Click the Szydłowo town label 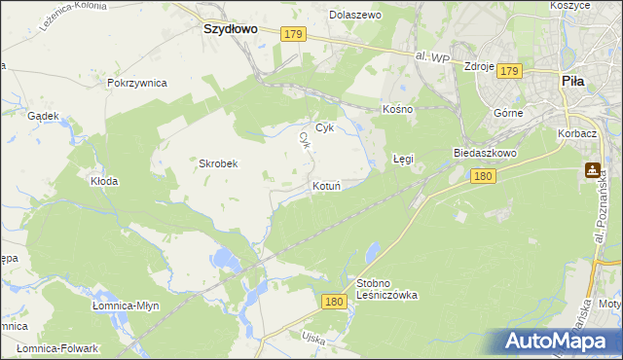(x=230, y=29)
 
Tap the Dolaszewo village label (x=355, y=16)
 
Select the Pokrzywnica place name (x=137, y=84)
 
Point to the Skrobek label (x=219, y=163)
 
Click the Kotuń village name (x=325, y=185)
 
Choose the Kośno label (x=398, y=109)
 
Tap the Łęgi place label (x=403, y=158)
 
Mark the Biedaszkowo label (x=484, y=154)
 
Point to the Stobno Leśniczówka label (x=386, y=289)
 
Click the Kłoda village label (x=104, y=181)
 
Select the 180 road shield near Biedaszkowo (x=484, y=176)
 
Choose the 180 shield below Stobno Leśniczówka (x=334, y=303)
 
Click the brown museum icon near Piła (x=592, y=170)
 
